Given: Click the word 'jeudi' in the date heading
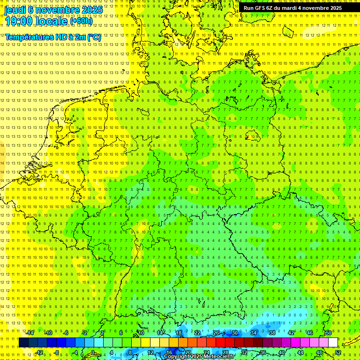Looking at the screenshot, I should click(15, 9).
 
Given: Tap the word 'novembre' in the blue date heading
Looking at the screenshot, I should click(57, 9).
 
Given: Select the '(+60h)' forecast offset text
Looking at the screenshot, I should click(81, 21).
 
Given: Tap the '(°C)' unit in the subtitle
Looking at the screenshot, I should click(94, 37).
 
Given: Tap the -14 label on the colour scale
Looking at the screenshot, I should click(30, 333).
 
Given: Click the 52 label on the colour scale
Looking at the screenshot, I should click(338, 352).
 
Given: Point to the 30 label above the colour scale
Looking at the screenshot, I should click(234, 333).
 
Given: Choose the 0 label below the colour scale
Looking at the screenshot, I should click(92, 352).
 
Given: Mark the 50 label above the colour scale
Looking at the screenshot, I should click(328, 333).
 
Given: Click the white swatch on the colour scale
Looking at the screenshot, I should click(333, 343).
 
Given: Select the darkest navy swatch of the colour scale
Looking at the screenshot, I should click(23, 343).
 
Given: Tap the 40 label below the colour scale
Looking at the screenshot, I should click(281, 352).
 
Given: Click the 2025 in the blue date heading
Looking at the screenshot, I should click(92, 9).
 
